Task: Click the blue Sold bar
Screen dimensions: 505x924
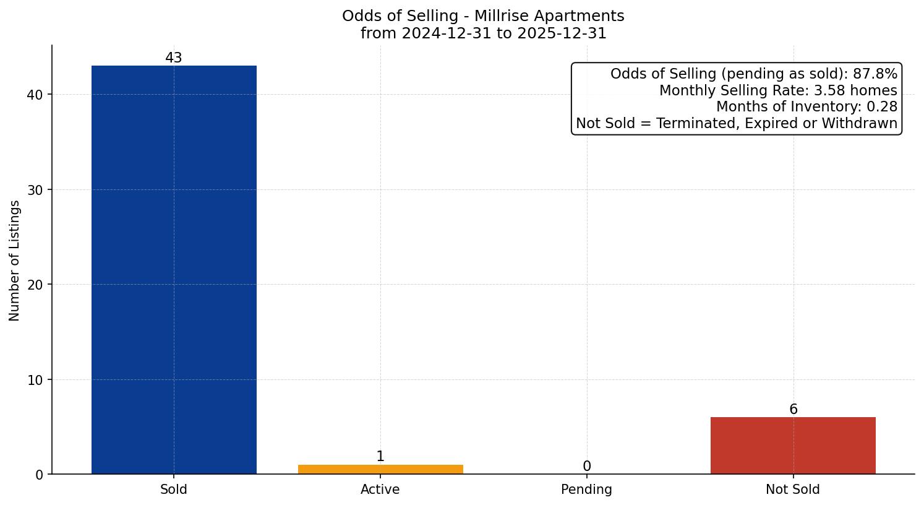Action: click(174, 269)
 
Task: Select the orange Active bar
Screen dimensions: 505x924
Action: click(380, 469)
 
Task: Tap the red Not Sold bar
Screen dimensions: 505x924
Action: click(793, 446)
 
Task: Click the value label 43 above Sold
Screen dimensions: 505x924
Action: click(174, 58)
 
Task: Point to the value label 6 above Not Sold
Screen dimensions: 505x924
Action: click(794, 410)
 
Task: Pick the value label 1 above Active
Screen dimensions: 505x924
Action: click(380, 457)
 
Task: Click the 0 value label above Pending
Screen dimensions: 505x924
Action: click(587, 467)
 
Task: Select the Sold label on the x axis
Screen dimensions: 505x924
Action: click(174, 490)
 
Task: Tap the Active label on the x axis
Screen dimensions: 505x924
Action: click(380, 490)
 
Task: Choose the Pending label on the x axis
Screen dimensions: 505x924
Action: click(586, 490)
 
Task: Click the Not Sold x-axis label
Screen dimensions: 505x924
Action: click(793, 490)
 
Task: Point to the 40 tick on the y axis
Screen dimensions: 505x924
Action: click(35, 95)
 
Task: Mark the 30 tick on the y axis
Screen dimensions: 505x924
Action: click(35, 190)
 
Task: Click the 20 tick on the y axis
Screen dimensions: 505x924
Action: click(35, 285)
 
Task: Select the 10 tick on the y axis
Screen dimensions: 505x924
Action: click(35, 380)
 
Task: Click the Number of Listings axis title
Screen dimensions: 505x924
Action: click(15, 260)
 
